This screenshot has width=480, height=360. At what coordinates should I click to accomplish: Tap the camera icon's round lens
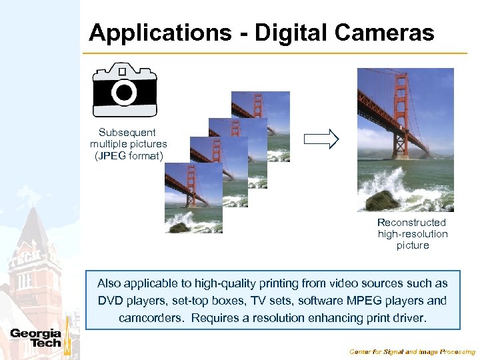tap(124, 92)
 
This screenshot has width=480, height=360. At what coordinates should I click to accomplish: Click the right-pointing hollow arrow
tap(321, 139)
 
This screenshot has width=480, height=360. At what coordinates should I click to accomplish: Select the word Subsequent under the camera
tap(127, 132)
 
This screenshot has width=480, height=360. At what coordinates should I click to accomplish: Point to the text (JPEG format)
tap(129, 156)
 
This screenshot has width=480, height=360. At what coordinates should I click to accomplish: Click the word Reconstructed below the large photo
tap(411, 222)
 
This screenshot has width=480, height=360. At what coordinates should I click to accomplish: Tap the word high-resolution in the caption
tap(413, 234)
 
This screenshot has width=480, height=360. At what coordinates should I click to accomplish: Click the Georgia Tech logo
tap(35, 338)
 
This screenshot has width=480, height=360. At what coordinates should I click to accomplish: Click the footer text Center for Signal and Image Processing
tap(412, 351)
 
